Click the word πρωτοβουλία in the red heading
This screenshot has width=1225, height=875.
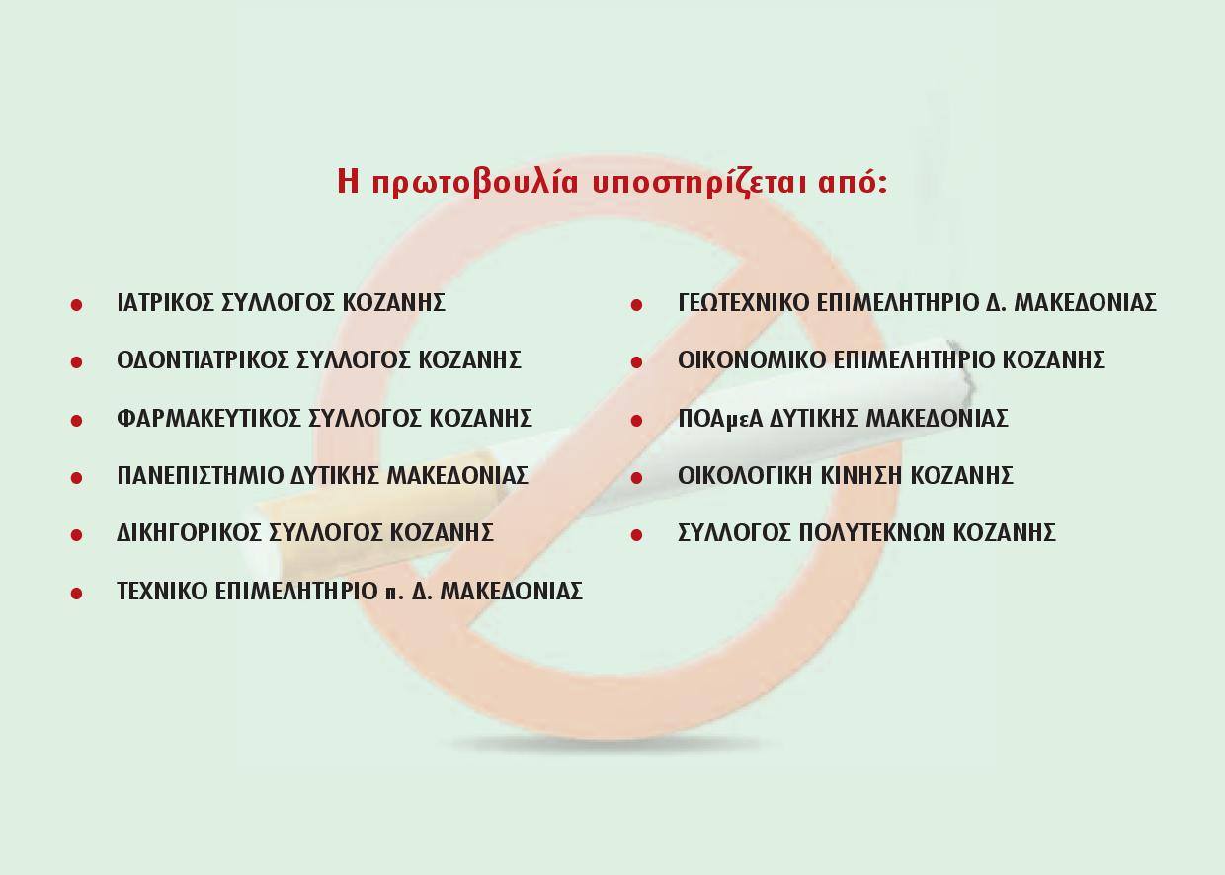(x=474, y=182)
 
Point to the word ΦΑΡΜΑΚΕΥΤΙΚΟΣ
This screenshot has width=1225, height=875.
(x=208, y=418)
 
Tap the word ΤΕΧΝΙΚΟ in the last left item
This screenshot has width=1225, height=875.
(x=162, y=591)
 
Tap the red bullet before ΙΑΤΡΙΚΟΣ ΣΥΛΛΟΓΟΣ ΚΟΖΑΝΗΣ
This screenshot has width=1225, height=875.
(x=77, y=305)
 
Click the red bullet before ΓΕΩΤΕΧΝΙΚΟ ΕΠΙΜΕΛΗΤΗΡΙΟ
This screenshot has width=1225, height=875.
(x=636, y=305)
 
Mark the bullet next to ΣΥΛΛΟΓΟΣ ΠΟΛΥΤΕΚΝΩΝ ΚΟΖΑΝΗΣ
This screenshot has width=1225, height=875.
(x=636, y=535)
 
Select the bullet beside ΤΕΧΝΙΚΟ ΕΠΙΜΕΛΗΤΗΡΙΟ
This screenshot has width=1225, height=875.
(x=77, y=593)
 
